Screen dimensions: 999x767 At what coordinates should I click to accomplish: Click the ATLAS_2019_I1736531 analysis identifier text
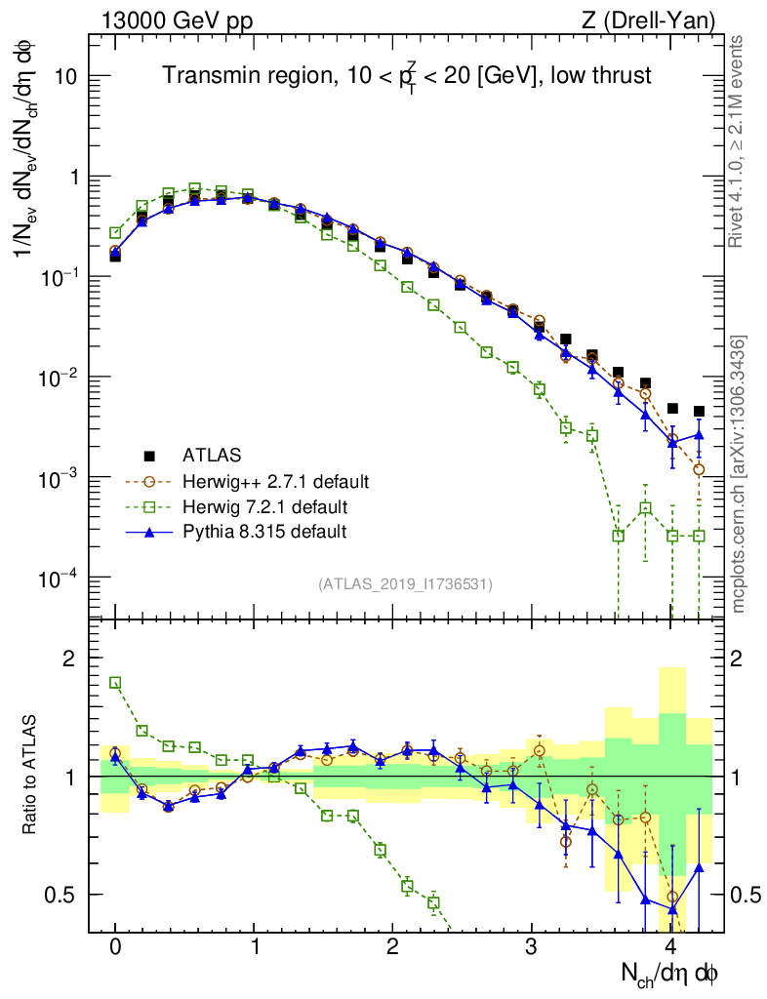pyautogui.click(x=405, y=584)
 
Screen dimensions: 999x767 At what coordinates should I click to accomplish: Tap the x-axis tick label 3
pyautogui.click(x=532, y=947)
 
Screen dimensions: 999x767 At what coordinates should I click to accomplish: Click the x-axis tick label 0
pyautogui.click(x=115, y=947)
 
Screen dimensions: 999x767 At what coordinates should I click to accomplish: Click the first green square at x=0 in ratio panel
pyautogui.click(x=115, y=683)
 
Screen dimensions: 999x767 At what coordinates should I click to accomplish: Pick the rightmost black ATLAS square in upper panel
pyautogui.click(x=699, y=412)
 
